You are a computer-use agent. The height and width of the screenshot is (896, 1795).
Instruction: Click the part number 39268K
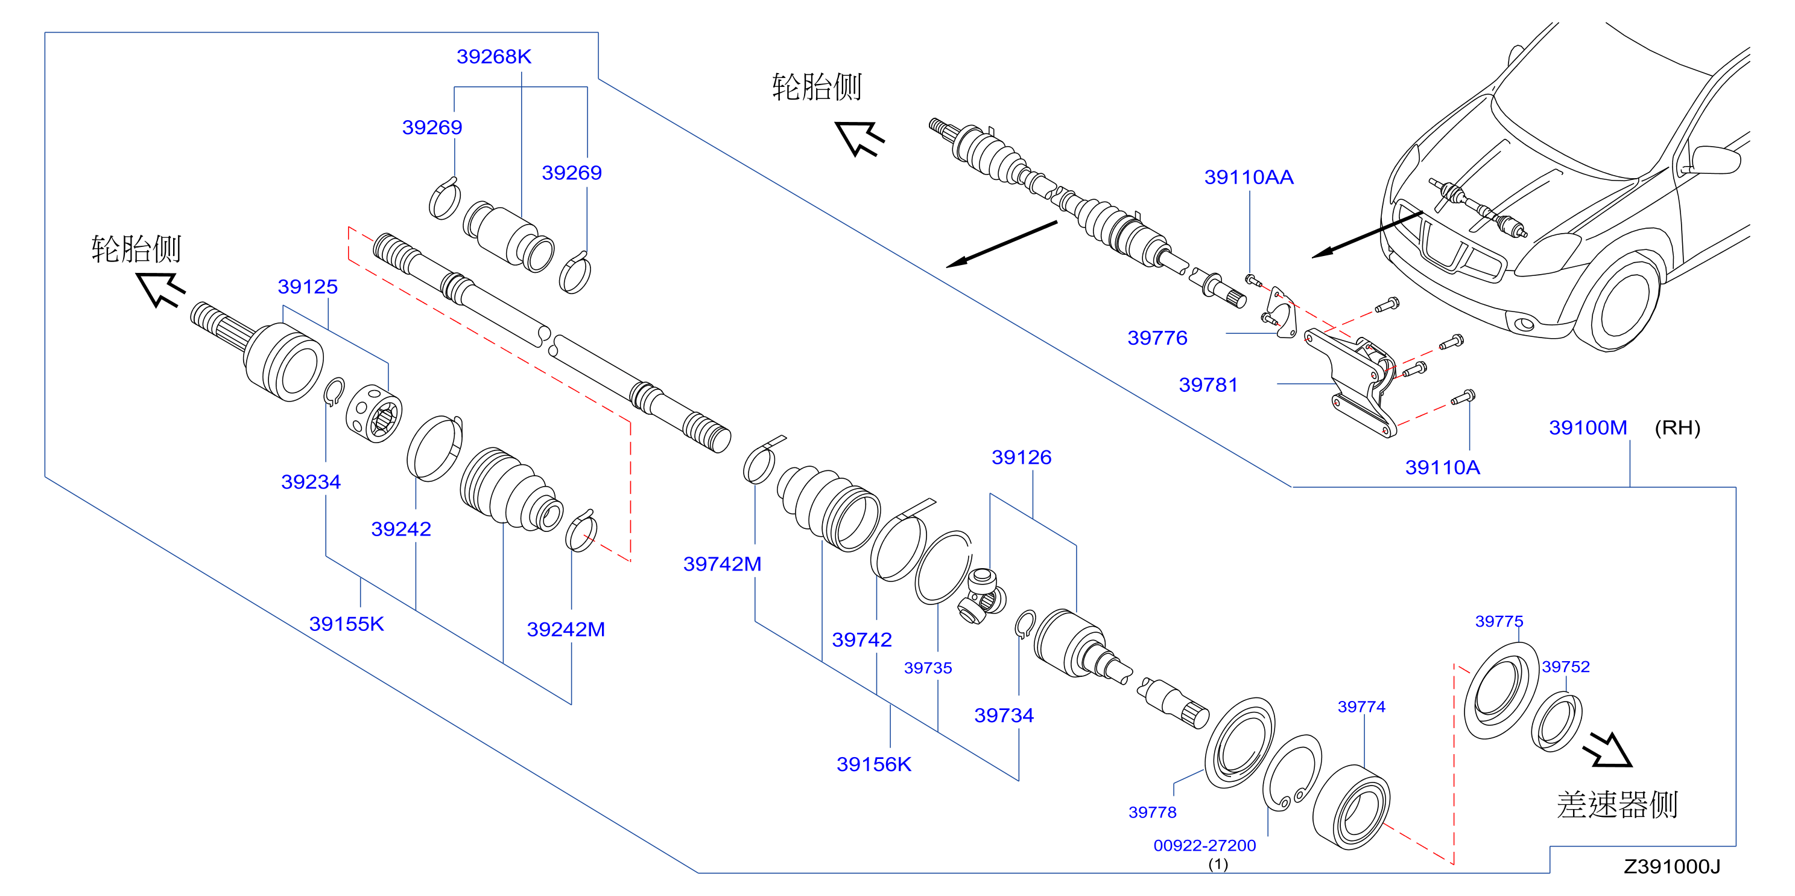[x=493, y=57]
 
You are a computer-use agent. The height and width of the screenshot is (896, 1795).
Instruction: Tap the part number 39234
[x=311, y=482]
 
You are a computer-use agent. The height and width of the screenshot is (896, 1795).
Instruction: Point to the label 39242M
[x=566, y=630]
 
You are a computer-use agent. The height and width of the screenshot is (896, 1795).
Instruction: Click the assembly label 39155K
[x=346, y=624]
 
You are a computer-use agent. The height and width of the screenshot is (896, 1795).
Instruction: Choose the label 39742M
[x=722, y=564]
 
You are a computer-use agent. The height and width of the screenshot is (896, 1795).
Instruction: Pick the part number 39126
[x=1022, y=458]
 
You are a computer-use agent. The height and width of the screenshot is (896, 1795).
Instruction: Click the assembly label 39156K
[x=874, y=765]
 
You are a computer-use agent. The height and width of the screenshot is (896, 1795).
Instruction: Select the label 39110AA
[x=1249, y=177]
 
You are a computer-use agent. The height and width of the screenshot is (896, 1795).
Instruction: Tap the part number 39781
[x=1208, y=385]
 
